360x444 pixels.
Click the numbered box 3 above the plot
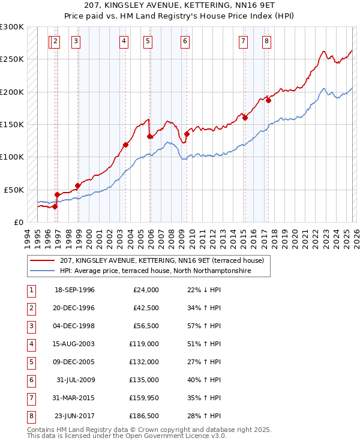pos(76,41)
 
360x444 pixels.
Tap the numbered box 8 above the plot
pos(266,41)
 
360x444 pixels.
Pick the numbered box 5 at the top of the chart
pos(148,41)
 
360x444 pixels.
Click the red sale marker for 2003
pos(125,145)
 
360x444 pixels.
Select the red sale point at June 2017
pos(268,101)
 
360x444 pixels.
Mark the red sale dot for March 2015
pos(245,118)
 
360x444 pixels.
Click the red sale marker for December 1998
pos(77,185)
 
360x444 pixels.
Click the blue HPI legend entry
pos(154,271)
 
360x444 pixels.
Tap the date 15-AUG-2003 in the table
pos(74,344)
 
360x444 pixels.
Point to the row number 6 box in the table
pos(31,380)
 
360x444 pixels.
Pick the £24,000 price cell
pos(146,290)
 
